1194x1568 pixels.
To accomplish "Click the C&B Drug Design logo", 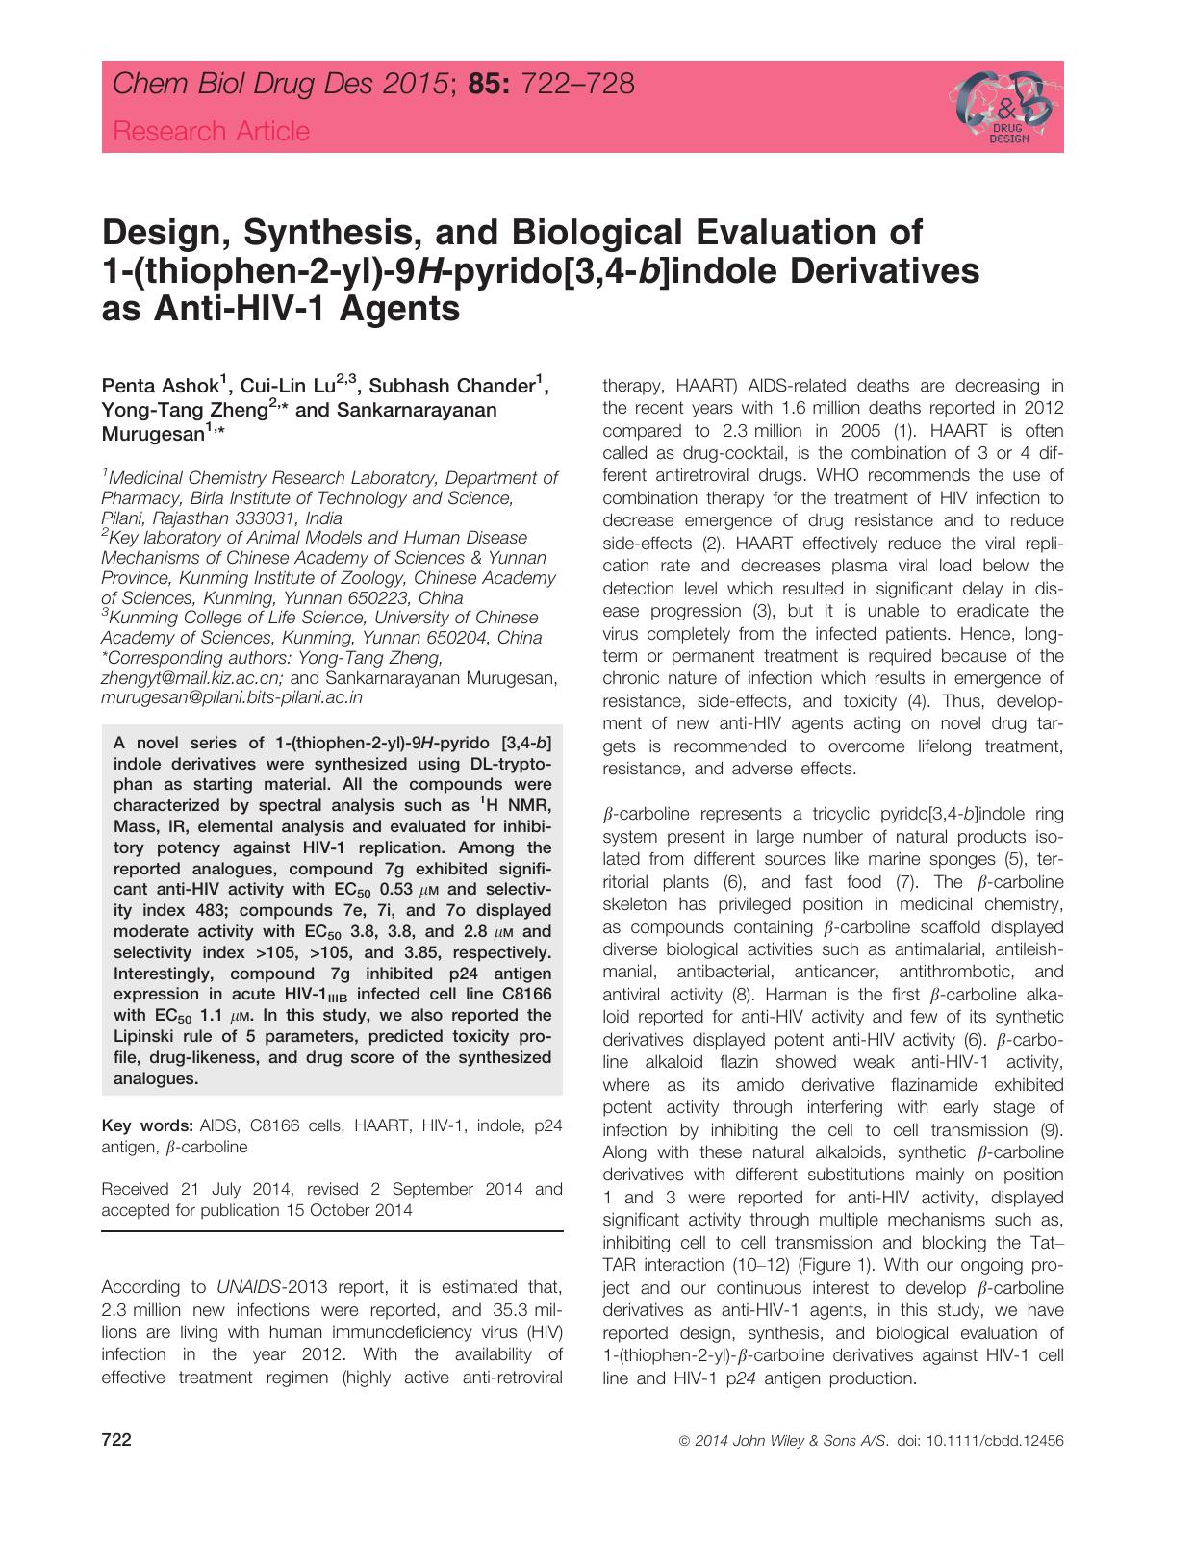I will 1002,106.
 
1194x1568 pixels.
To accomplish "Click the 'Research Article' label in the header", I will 212,131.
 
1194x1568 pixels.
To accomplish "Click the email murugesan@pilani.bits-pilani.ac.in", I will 232,698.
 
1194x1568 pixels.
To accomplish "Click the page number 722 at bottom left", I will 116,1441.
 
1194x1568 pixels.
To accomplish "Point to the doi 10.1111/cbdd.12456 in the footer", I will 1001,1442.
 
